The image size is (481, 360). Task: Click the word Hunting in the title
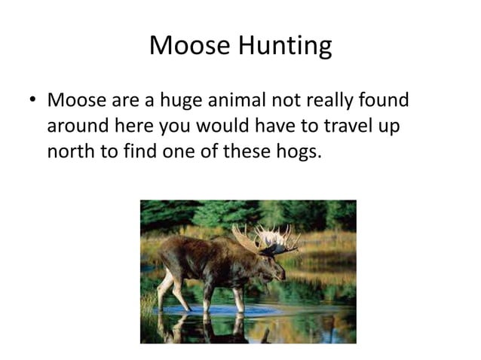point(286,47)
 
